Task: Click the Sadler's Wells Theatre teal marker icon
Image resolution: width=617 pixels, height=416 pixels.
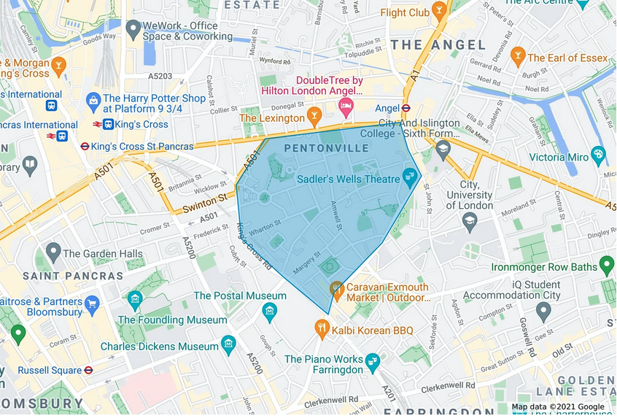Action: (410, 176)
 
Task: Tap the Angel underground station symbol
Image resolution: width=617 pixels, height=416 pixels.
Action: (406, 108)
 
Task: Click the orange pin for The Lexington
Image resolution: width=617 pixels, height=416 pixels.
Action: (314, 115)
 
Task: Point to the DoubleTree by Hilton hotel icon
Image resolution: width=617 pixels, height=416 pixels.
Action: (346, 107)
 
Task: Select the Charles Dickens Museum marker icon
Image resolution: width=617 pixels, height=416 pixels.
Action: (229, 343)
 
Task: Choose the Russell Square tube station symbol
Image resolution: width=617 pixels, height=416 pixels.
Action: (88, 370)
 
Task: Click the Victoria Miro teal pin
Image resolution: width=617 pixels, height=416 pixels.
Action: (598, 154)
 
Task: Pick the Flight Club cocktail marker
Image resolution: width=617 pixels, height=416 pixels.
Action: (440, 10)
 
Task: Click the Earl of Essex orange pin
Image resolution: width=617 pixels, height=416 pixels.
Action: (518, 55)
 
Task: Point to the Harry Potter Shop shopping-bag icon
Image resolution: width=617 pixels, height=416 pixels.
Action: (93, 100)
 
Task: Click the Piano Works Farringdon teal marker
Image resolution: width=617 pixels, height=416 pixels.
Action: (373, 360)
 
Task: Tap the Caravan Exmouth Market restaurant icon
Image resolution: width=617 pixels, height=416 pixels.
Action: (336, 288)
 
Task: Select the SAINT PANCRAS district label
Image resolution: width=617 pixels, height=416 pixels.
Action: (73, 276)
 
